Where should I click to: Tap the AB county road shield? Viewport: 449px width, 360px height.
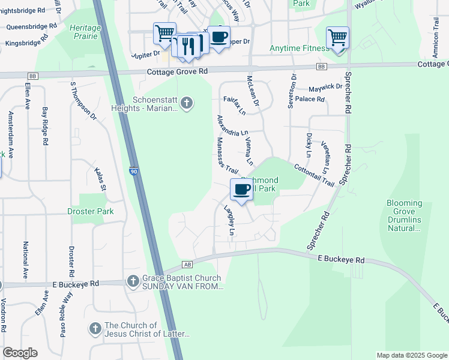point(188,264)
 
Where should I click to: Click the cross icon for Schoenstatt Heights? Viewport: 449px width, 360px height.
point(187,104)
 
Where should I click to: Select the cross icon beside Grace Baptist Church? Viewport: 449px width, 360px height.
point(133,281)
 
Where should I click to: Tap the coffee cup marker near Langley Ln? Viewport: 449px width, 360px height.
point(242,190)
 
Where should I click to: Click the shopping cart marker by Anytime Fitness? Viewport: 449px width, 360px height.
point(338,38)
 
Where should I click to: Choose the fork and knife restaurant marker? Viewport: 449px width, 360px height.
point(188,46)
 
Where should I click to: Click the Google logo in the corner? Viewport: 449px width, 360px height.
point(20,353)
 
